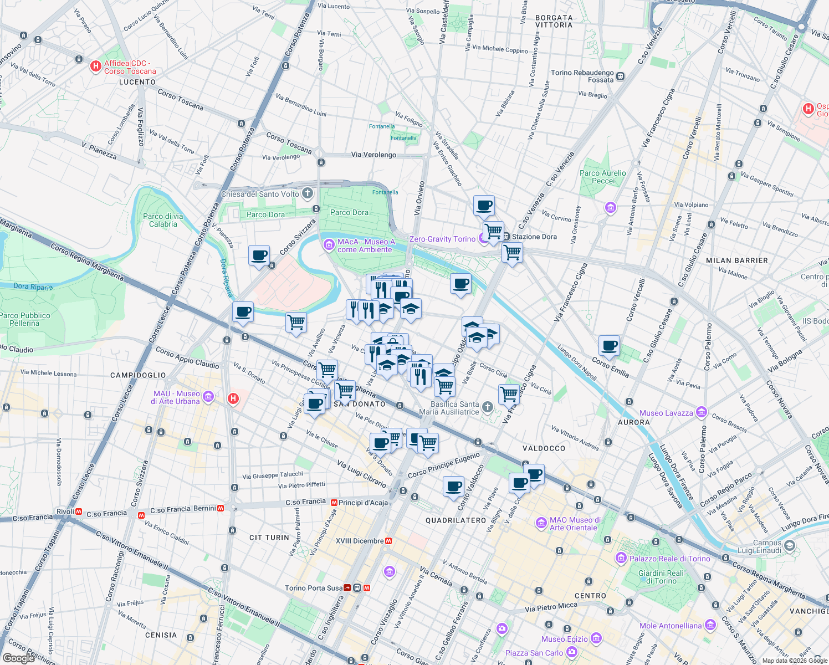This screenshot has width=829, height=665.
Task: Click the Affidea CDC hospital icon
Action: (95, 66)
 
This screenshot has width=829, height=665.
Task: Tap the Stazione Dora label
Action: (534, 237)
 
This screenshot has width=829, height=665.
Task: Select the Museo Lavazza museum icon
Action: (701, 412)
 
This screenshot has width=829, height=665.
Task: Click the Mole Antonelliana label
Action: (671, 626)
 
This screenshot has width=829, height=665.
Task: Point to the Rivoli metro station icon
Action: (79, 511)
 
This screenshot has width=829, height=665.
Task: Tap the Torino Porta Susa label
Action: (313, 588)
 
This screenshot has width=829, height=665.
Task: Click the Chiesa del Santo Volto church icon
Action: (308, 194)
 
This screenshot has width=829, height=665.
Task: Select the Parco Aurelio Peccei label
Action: (603, 177)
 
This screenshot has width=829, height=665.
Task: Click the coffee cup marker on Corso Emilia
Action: (610, 346)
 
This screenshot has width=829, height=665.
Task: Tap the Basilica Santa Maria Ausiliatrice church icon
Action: (487, 407)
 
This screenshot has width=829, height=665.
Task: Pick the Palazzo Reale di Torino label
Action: (669, 559)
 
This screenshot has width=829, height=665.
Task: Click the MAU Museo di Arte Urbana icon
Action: (208, 396)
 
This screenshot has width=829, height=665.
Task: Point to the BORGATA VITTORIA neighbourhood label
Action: (554, 21)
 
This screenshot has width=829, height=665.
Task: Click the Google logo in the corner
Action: (18, 658)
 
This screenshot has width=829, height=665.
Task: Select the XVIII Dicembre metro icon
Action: (389, 541)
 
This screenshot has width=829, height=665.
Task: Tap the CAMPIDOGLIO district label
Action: (138, 375)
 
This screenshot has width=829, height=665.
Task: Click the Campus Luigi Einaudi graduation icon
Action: (789, 546)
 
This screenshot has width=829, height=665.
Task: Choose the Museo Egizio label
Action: (565, 639)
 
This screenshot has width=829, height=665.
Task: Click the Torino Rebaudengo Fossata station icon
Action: (621, 76)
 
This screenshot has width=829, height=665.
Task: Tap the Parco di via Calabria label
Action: (163, 220)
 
